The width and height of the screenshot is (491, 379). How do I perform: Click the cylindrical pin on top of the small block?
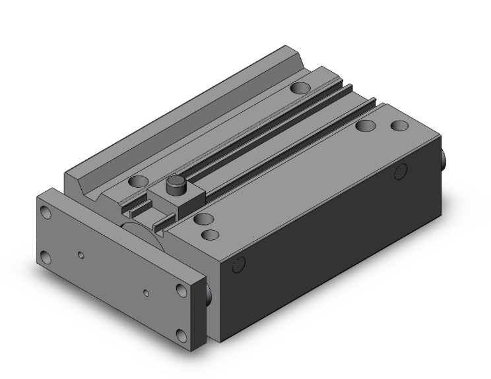pos(175,185)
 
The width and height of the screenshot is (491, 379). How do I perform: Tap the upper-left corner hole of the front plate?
pos(46,213)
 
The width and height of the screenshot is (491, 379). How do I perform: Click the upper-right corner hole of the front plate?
pos(181,291)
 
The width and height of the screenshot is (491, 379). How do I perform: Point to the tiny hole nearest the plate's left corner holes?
pos(81,254)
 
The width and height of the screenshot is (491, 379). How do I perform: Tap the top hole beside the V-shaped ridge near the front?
pos(138,181)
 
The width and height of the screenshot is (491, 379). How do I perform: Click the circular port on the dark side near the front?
pos(238,266)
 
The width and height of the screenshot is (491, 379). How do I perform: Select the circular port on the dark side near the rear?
pos(400,172)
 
